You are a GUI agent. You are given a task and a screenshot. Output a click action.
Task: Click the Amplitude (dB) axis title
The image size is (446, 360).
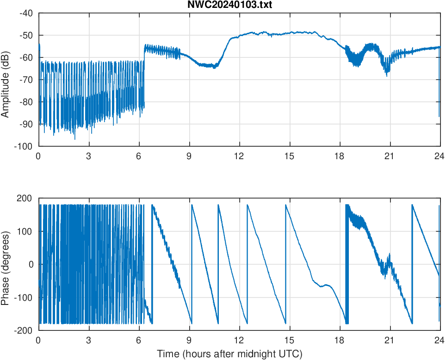[6, 80]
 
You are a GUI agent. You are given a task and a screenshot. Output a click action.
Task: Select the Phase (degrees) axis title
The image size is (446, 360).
[6, 264]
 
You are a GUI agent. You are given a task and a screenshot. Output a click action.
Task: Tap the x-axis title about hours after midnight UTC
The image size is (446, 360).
[229, 354]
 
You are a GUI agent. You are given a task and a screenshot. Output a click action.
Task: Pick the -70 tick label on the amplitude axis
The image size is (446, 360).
[26, 80]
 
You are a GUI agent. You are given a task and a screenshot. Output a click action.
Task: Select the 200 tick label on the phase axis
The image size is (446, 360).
[25, 198]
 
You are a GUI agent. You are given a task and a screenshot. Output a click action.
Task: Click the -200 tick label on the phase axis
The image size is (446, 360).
[24, 330]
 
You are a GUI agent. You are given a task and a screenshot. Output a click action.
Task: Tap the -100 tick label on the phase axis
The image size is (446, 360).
[24, 298]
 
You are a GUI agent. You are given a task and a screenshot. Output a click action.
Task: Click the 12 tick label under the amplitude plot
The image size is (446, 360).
[239, 156]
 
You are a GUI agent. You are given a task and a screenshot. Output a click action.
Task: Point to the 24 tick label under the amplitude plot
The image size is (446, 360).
[440, 156]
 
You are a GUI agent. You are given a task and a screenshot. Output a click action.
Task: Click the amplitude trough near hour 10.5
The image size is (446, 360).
[214, 67]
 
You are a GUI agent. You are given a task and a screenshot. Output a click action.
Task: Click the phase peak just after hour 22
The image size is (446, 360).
[412, 205]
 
